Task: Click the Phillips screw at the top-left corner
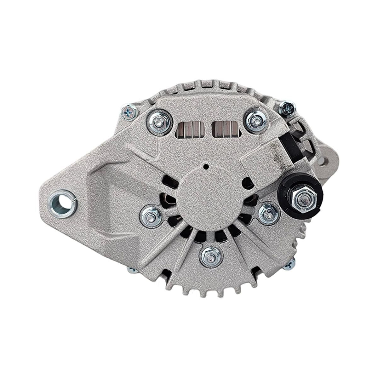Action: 129,112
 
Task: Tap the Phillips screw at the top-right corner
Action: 287,108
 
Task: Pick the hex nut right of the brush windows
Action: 256,120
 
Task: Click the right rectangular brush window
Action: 226,129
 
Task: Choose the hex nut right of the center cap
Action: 269,214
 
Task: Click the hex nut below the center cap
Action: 210,256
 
